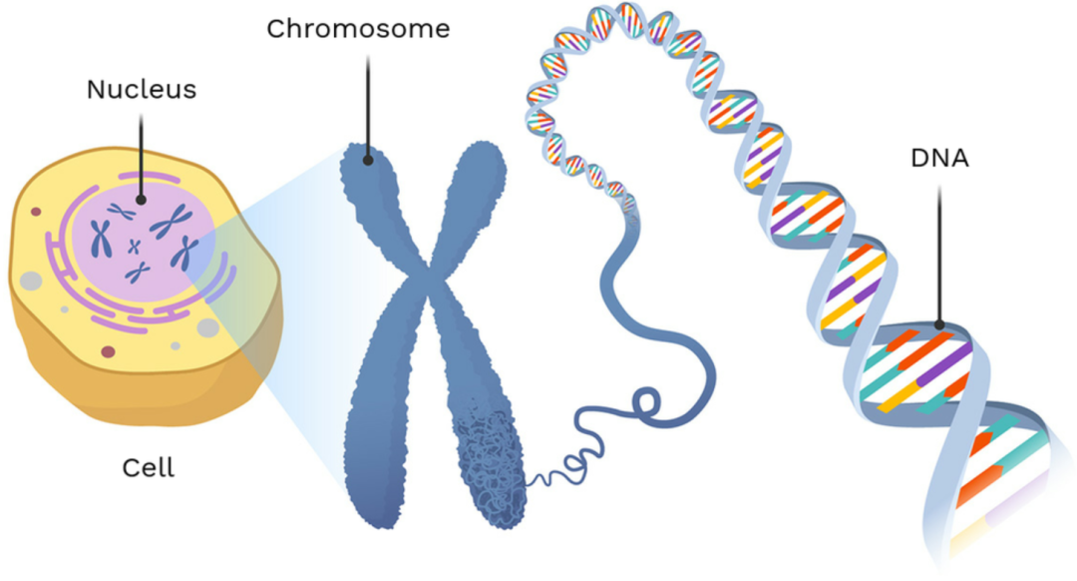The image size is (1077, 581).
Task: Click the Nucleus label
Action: point(141,89)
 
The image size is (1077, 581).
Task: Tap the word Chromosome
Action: point(358,29)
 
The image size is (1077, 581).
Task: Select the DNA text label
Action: point(938,158)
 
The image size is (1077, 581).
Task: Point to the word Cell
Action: point(148,467)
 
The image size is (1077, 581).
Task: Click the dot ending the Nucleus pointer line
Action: point(141,199)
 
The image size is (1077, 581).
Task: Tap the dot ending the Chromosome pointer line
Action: point(368,158)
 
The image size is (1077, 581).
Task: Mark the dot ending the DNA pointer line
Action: point(939,324)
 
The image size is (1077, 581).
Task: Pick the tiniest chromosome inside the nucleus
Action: point(134,245)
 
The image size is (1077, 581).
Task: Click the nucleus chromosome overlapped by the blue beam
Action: point(182,258)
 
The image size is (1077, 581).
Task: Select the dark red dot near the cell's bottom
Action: point(108,351)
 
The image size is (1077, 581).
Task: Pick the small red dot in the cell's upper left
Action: point(36,212)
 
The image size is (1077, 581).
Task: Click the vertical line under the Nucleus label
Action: point(141,150)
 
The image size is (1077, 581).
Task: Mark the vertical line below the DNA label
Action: point(939,250)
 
